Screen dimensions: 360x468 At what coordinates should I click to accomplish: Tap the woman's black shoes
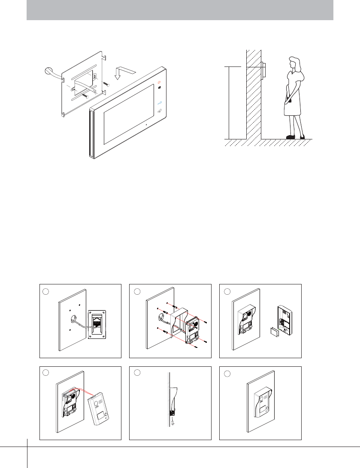[x=296, y=137]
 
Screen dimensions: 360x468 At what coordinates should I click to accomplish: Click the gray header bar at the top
[x=180, y=10]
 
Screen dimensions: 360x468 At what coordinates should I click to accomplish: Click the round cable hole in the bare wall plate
[x=71, y=319]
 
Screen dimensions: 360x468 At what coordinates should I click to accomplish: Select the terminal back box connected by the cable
[x=97, y=324]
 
